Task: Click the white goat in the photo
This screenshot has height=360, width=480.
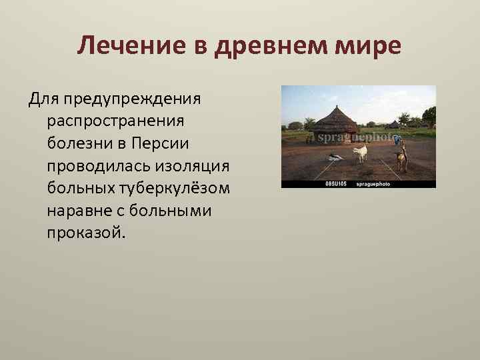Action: [x=360, y=153]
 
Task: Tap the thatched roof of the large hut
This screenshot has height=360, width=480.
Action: [x=336, y=120]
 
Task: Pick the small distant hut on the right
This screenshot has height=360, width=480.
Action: [x=394, y=125]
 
